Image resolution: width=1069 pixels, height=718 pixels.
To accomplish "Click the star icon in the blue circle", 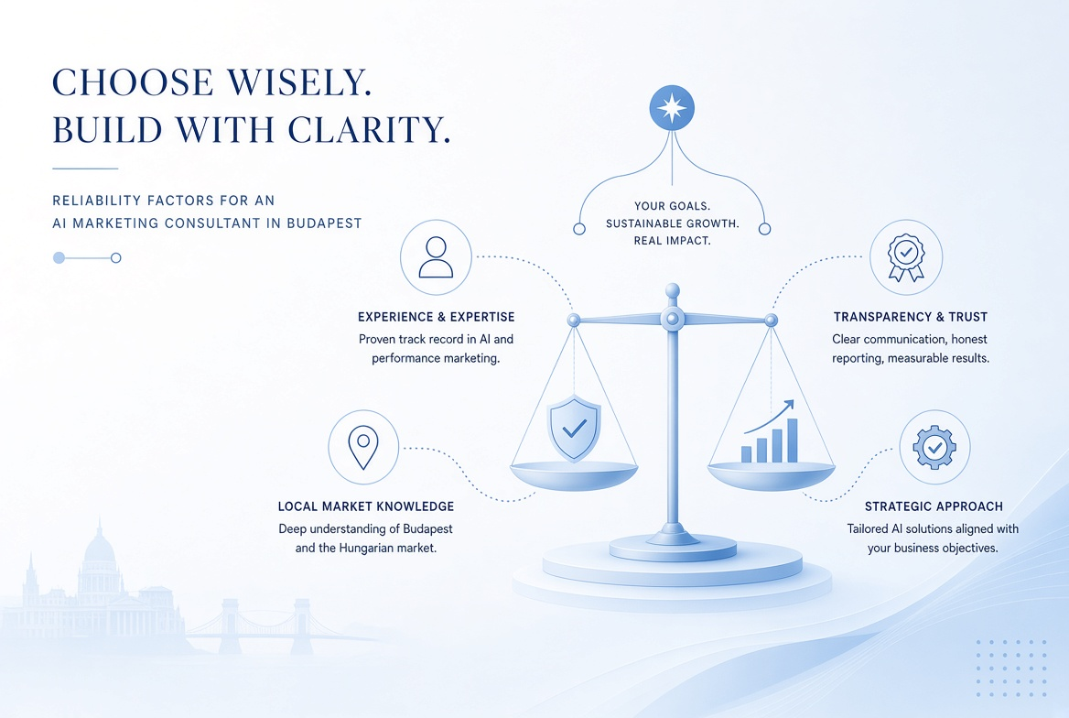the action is point(672,108).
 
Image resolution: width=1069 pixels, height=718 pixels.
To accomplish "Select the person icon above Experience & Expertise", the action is point(436,257).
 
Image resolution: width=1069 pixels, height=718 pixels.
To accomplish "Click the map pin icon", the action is point(363,448).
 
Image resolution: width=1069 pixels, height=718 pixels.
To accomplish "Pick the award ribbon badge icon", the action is point(906,258).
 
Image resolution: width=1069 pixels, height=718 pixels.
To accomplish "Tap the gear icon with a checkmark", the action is point(934,448).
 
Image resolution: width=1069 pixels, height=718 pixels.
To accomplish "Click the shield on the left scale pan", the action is point(575,428).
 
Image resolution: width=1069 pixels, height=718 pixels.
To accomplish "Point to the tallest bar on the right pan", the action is point(793,441).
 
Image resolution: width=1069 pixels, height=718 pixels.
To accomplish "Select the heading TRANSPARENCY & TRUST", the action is point(910,317).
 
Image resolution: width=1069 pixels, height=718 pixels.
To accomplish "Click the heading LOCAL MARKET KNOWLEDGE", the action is point(366,506).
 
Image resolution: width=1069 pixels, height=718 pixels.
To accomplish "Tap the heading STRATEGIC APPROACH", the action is point(934,506).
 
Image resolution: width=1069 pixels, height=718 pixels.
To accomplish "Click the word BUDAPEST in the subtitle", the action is point(325,223).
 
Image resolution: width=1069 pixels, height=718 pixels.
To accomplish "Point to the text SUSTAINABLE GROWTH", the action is point(672,223).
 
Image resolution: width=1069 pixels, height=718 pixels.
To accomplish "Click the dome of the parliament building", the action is point(100,546).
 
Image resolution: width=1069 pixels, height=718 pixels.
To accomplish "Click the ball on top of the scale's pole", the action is point(672,290).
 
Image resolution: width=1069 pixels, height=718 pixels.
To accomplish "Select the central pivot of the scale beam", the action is point(672,318).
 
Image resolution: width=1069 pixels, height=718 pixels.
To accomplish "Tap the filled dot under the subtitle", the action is point(59,258).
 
